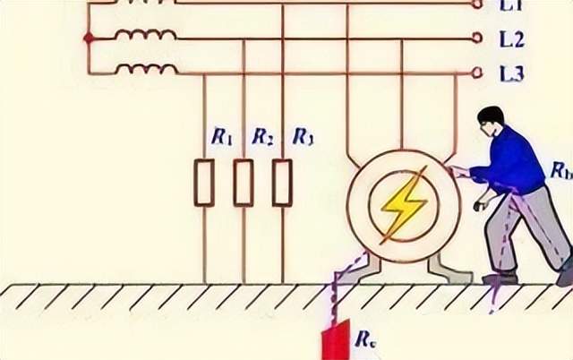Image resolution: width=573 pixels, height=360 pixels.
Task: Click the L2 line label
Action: pyautogui.click(x=512, y=40)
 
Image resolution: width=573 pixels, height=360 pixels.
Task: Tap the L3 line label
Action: pyautogui.click(x=512, y=74)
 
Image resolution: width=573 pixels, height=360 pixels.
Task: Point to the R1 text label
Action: pyautogui.click(x=222, y=137)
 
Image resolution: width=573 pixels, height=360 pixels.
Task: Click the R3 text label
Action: pyautogui.click(x=304, y=137)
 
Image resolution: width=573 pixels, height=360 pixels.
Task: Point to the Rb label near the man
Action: pyautogui.click(x=560, y=171)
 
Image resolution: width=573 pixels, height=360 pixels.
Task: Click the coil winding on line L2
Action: pyautogui.click(x=147, y=35)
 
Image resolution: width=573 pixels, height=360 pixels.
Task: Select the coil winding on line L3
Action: pyautogui.click(x=147, y=69)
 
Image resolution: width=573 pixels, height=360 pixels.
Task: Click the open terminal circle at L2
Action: pyautogui.click(x=477, y=39)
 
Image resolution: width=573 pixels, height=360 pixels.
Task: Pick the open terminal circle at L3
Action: pyautogui.click(x=477, y=73)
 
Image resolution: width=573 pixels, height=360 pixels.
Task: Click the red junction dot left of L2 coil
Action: pyautogui.click(x=88, y=39)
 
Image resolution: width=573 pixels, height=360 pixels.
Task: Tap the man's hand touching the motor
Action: pyautogui.click(x=458, y=172)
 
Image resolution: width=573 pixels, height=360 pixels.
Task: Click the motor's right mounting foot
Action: pyautogui.click(x=447, y=269)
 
